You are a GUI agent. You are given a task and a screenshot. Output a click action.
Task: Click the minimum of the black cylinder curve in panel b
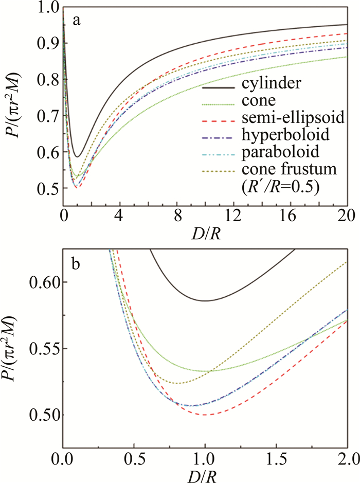pyautogui.click(x=205, y=301)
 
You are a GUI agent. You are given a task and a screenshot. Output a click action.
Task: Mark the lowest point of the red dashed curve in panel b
pyautogui.click(x=206, y=415)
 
